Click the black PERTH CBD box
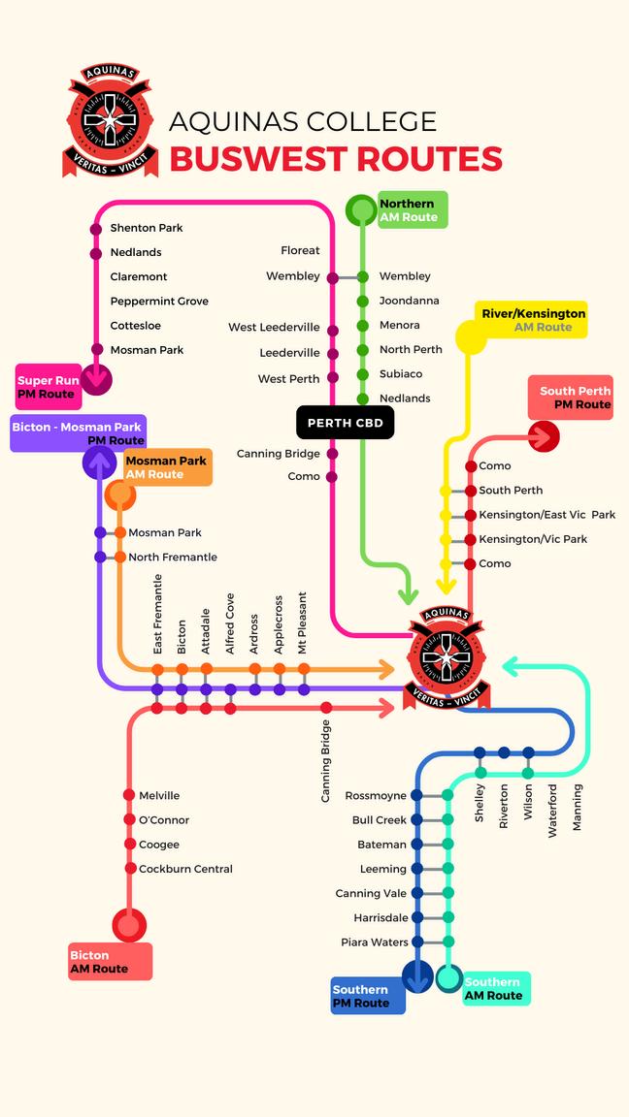pyautogui.click(x=345, y=423)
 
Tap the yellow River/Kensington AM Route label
pyautogui.click(x=533, y=320)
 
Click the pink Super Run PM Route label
pyautogui.click(x=49, y=388)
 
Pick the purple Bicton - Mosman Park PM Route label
pyautogui.click(x=77, y=433)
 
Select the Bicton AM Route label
pyautogui.click(x=110, y=962)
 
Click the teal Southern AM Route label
pyautogui.click(x=495, y=989)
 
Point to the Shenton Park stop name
pyautogui.click(x=147, y=228)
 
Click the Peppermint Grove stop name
pyautogui.click(x=159, y=302)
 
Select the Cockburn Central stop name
pyautogui.click(x=185, y=869)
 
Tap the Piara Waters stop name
pyautogui.click(x=375, y=942)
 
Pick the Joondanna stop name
pyautogui.click(x=409, y=301)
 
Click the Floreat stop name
pyautogui.click(x=300, y=251)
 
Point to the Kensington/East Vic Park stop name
pyautogui.click(x=546, y=515)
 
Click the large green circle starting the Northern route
pyautogui.click(x=362, y=209)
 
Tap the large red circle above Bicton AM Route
pyautogui.click(x=129, y=925)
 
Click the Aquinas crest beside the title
pyautogui.click(x=107, y=120)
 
